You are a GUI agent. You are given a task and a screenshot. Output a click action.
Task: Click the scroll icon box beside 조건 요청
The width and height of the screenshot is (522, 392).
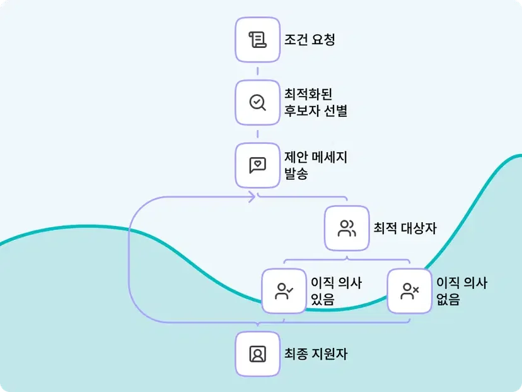pyautogui.click(x=257, y=39)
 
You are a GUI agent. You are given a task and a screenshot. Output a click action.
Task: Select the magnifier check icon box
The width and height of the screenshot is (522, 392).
pyautogui.click(x=257, y=102)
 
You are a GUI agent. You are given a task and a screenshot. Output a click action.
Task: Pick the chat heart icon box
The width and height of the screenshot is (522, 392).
pyautogui.click(x=257, y=165)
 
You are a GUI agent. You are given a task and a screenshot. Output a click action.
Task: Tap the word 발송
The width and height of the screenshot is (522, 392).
pyautogui.click(x=296, y=174)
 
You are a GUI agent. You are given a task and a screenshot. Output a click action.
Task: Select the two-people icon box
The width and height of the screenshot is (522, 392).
pyautogui.click(x=347, y=228)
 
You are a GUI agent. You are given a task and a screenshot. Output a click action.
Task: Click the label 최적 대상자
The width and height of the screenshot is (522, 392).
pyautogui.click(x=405, y=228)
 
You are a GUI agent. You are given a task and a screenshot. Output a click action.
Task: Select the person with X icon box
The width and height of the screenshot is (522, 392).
pyautogui.click(x=410, y=290)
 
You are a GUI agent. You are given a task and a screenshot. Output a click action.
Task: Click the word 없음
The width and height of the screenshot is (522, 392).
pyautogui.click(x=448, y=299)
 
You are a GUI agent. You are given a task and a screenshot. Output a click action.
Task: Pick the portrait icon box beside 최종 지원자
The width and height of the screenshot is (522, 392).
pyautogui.click(x=257, y=354)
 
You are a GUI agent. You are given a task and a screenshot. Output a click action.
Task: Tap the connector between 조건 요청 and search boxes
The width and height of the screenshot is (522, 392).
pyautogui.click(x=257, y=70)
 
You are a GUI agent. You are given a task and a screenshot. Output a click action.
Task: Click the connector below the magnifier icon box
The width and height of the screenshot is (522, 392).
pyautogui.click(x=257, y=133)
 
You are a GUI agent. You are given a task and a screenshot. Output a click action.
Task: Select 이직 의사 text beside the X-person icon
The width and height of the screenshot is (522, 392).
pyautogui.click(x=462, y=282)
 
